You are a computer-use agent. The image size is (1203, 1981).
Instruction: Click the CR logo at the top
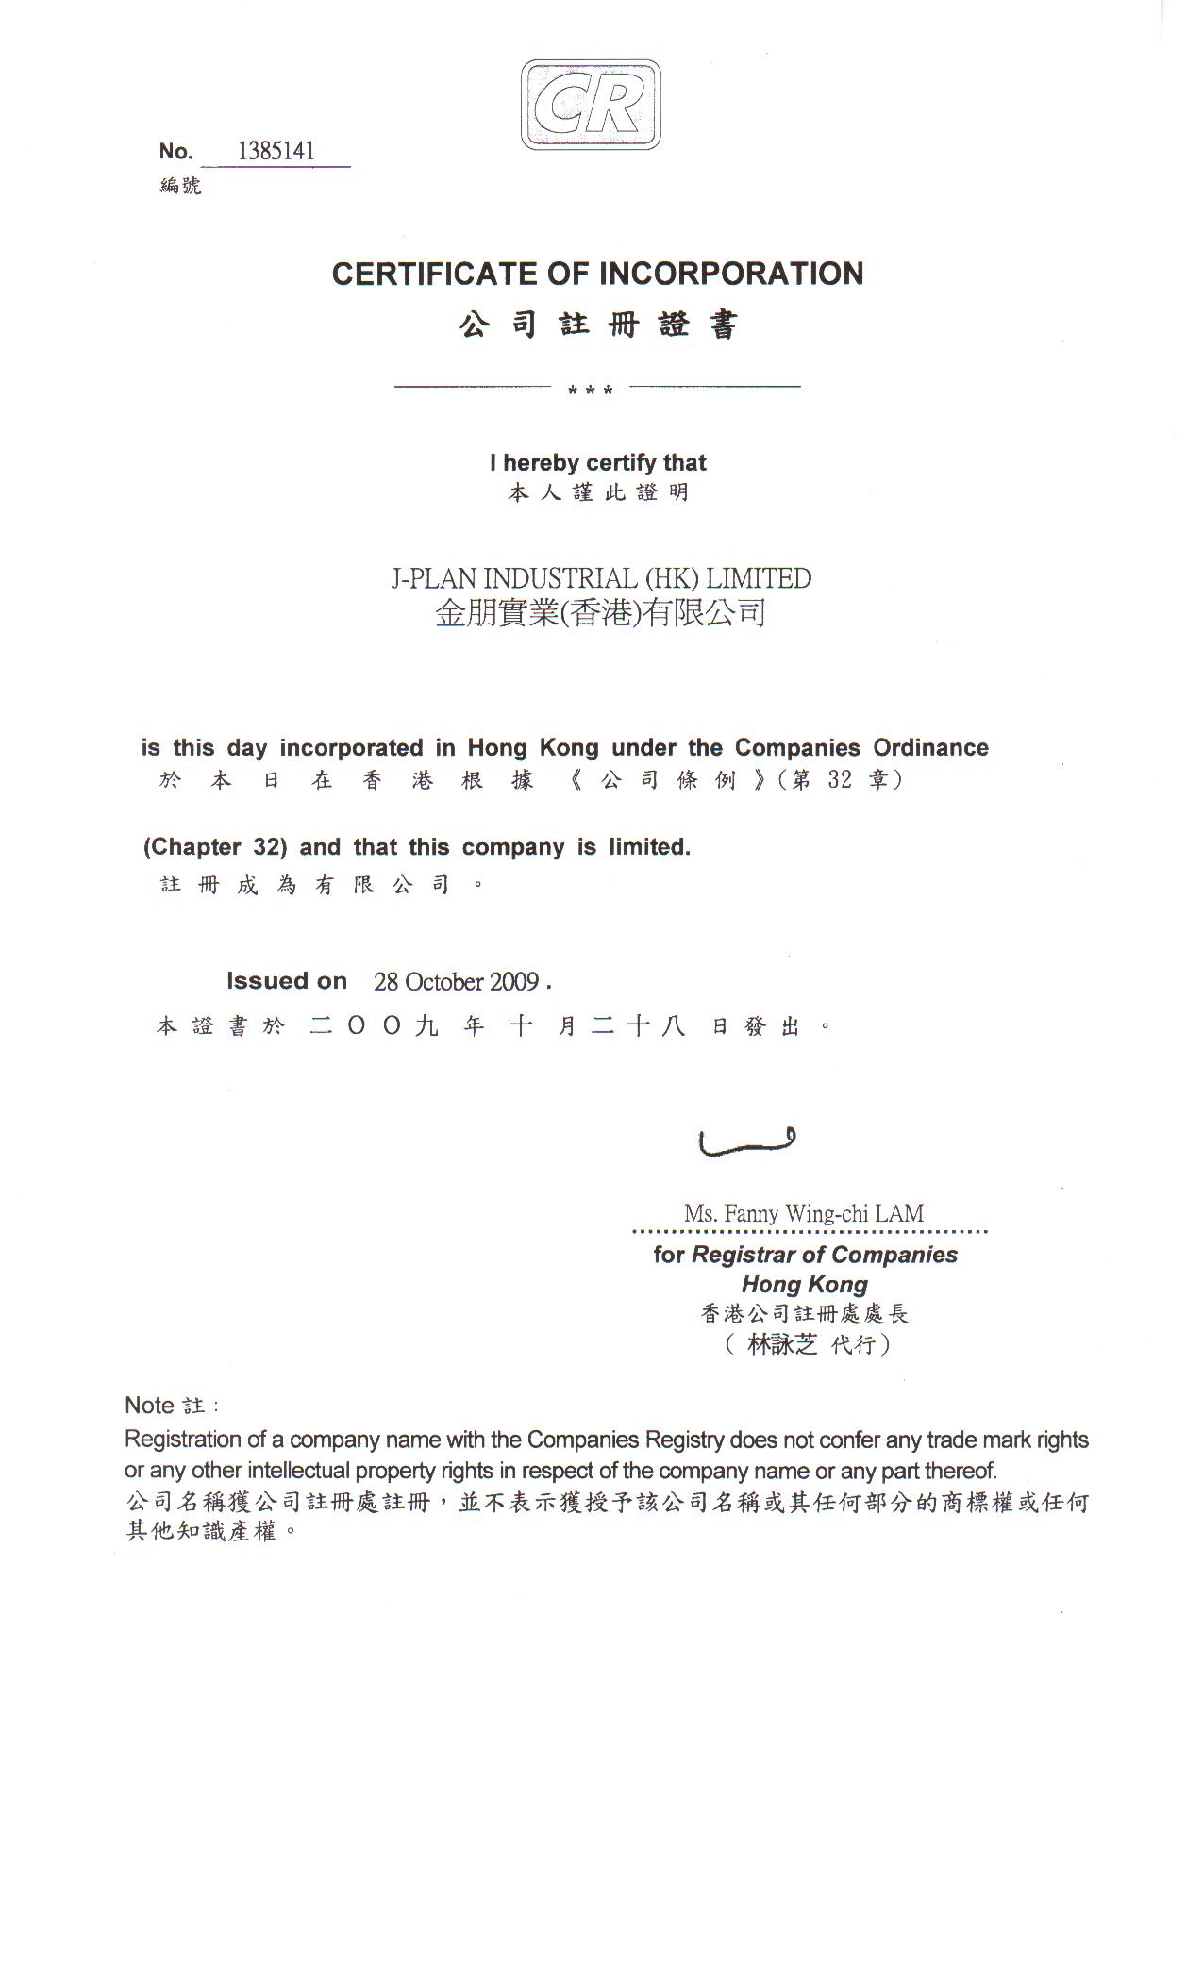pyautogui.click(x=591, y=105)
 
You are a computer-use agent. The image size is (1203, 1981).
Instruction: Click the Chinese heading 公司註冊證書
pyautogui.click(x=598, y=325)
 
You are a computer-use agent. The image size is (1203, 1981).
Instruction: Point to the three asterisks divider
pyautogui.click(x=591, y=390)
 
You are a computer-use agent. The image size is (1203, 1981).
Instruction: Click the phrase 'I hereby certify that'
pyautogui.click(x=598, y=462)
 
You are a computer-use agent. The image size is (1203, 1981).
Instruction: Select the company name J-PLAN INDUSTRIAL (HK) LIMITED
pyautogui.click(x=601, y=578)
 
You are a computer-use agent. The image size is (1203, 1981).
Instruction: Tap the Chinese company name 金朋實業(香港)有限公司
pyautogui.click(x=600, y=613)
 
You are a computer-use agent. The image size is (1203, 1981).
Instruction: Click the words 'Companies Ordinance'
pyautogui.click(x=861, y=748)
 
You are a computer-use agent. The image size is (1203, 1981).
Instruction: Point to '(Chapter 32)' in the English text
pyautogui.click(x=215, y=847)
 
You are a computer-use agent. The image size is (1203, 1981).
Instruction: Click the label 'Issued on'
pyautogui.click(x=287, y=981)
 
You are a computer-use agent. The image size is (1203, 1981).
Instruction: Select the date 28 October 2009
pyautogui.click(x=457, y=982)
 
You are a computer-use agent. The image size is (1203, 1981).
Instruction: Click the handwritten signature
pyautogui.click(x=745, y=1141)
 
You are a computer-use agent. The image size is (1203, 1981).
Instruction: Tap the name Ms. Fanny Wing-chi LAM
pyautogui.click(x=804, y=1213)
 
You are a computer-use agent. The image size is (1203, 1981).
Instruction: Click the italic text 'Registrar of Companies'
pyautogui.click(x=825, y=1255)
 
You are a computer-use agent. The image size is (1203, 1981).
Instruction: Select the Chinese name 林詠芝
pyautogui.click(x=782, y=1344)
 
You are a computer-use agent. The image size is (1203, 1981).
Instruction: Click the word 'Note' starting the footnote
pyautogui.click(x=149, y=1406)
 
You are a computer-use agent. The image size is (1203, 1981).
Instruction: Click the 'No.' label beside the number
pyautogui.click(x=175, y=152)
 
